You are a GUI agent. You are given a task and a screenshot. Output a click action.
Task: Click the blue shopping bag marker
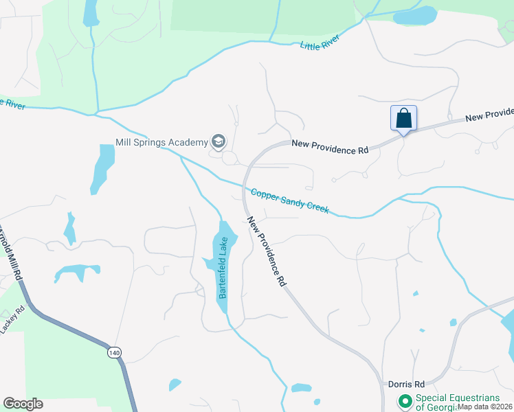pos(403,118)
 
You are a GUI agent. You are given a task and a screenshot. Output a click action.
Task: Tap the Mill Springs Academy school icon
pos(219,142)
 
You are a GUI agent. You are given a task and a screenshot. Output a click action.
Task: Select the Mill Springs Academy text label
pos(161,142)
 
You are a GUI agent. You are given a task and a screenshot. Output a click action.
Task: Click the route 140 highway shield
pos(114,352)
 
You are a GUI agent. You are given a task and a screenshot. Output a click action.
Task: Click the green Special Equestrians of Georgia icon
pos(405,400)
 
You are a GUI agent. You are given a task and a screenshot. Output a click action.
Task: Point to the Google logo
pos(23,404)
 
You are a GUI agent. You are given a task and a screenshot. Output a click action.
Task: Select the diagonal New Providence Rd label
pos(267,251)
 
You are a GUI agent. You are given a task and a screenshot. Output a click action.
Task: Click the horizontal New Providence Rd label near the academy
pos(330,146)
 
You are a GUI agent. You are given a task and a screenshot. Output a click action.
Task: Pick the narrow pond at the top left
pos(90,12)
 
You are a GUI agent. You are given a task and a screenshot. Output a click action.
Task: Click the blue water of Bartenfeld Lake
pos(226,240)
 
